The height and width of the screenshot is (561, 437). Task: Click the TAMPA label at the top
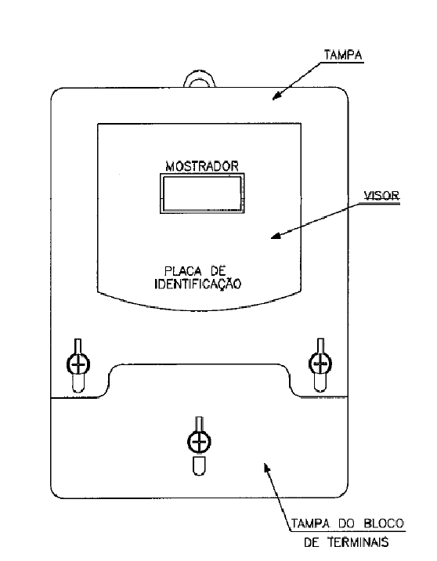343,55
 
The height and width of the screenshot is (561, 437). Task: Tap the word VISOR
381,196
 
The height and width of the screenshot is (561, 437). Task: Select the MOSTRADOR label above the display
202,166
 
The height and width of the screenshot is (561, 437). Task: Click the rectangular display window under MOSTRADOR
202,194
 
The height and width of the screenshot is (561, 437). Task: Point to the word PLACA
182,271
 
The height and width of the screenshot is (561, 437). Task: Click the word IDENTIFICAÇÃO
198,284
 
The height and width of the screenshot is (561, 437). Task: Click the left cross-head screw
78,365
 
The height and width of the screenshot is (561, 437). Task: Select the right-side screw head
320,363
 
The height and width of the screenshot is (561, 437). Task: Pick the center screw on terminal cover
199,441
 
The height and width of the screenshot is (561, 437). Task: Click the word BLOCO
384,524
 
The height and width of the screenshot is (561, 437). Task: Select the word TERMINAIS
358,542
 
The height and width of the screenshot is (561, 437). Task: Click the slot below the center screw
199,466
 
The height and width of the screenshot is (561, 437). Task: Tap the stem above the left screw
78,346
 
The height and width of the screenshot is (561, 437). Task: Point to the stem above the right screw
321,346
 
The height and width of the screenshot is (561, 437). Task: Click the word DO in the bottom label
346,524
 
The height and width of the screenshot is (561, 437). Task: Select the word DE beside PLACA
218,271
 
